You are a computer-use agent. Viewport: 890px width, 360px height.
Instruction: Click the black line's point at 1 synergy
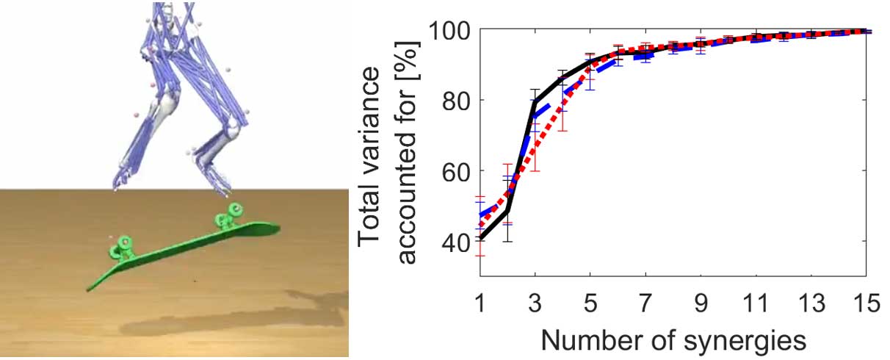pos(480,238)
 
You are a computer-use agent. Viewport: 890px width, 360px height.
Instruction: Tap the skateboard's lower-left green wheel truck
pos(122,247)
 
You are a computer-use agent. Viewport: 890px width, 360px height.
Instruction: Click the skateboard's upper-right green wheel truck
pos(228,216)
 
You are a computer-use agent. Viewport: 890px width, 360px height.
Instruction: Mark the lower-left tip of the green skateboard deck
pos(89,289)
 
